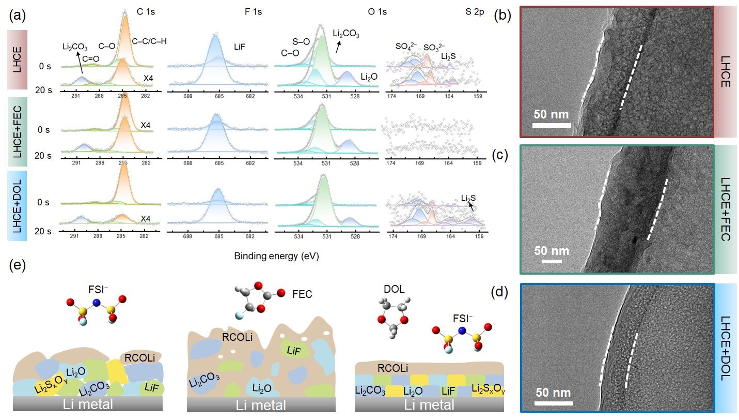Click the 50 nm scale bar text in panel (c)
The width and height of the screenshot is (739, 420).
(552, 251)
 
